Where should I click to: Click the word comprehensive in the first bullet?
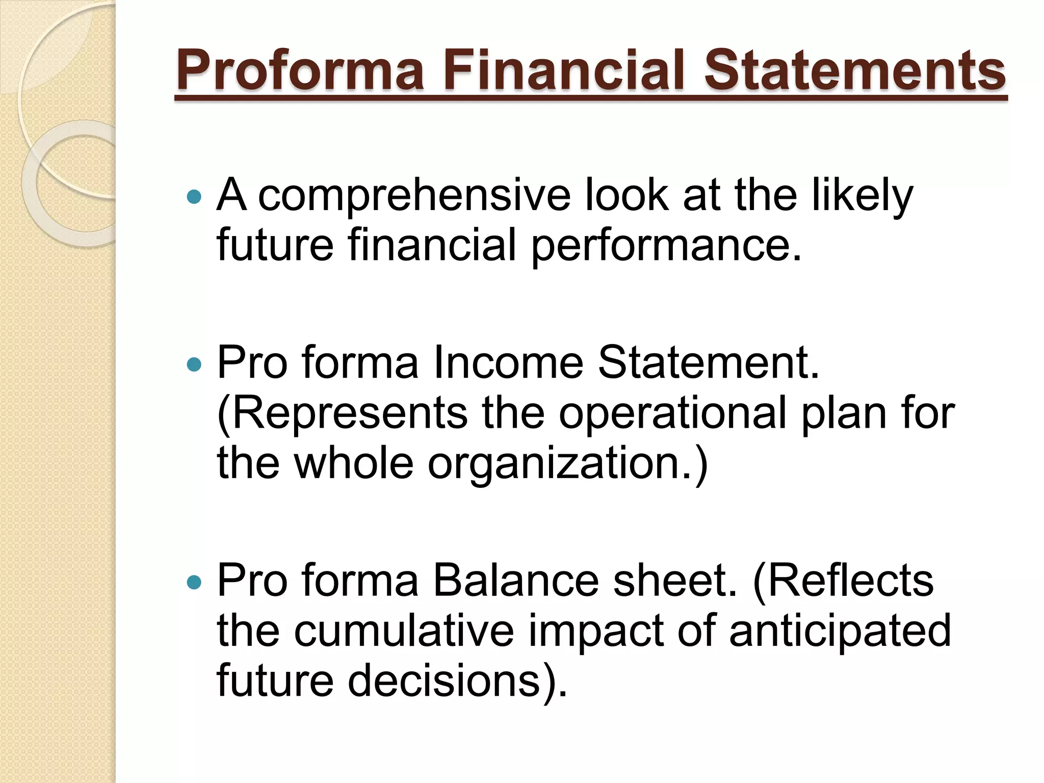414,196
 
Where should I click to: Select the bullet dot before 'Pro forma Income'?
194,364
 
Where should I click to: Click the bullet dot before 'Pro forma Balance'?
194,582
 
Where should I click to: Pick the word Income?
508,363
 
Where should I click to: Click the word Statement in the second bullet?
708,363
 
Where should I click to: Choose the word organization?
561,464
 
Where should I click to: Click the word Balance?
515,581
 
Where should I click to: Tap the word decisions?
451,681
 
